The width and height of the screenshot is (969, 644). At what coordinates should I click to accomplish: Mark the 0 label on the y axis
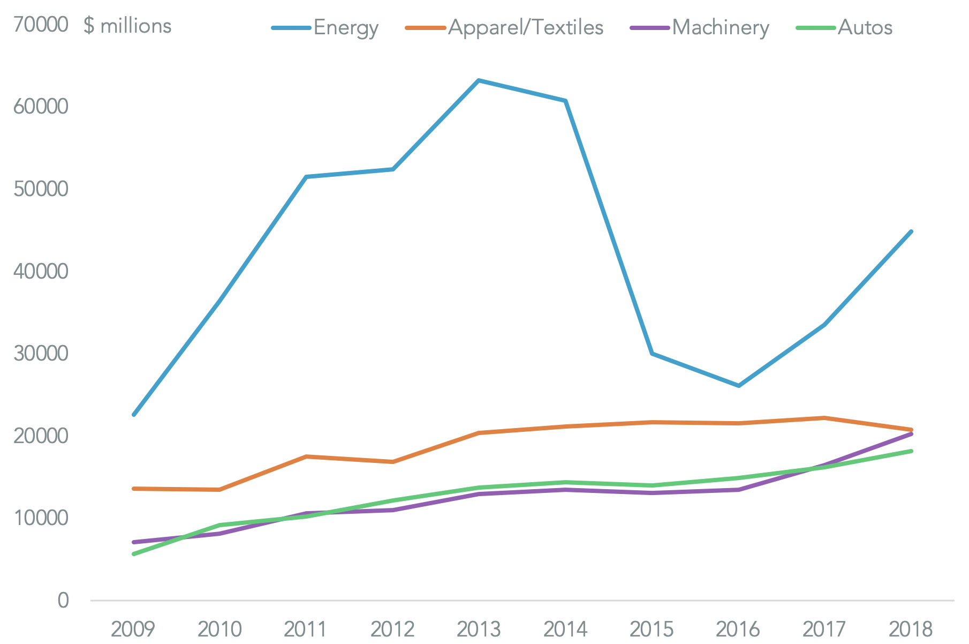tap(63, 600)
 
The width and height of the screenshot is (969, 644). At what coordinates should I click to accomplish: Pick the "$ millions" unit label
tap(127, 26)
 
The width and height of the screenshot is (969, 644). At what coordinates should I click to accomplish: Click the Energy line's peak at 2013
tap(479, 80)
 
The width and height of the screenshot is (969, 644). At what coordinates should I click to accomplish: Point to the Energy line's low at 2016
tap(739, 386)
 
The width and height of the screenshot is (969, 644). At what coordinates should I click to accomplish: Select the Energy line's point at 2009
tap(133, 415)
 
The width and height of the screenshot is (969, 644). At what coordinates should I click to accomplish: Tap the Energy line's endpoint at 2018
tap(911, 231)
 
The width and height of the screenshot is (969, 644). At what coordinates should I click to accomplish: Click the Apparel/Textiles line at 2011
tap(306, 456)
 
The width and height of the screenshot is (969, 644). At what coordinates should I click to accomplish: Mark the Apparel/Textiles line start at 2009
tap(133, 489)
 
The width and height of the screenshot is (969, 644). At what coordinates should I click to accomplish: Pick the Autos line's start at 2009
tap(133, 554)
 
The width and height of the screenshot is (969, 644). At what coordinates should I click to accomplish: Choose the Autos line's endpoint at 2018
tap(911, 451)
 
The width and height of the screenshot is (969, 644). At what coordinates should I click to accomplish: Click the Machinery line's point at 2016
tap(739, 490)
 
